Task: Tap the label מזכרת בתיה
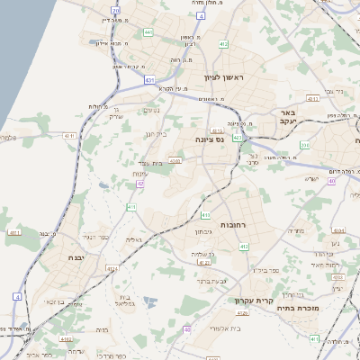pyautogui.click(x=317, y=307)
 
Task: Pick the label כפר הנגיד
pyautogui.click(x=96, y=237)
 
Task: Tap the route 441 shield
pyautogui.click(x=148, y=32)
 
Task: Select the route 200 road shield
pyautogui.click(x=305, y=145)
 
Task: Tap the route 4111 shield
pyautogui.click(x=14, y=234)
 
